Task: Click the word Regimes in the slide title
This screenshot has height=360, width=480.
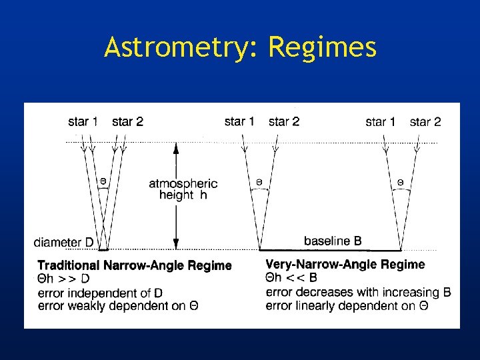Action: coord(322,48)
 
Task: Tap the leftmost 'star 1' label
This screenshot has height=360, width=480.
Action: coord(83,121)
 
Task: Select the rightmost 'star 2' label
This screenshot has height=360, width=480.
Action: coord(425,121)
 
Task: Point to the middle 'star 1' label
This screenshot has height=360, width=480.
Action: coord(239,121)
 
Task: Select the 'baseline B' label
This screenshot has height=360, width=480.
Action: coord(333,241)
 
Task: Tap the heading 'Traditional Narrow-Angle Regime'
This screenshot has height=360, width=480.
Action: coord(135,265)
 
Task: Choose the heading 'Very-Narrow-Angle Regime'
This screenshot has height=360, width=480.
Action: coord(345,265)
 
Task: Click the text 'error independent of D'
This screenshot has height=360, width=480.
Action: coord(101,293)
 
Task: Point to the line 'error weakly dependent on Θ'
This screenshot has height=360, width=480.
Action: coord(118,306)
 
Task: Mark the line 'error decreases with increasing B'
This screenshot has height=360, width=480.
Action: coord(358,293)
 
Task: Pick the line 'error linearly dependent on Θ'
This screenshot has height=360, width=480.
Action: coord(347,306)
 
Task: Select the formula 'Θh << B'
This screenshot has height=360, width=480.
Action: coord(291,279)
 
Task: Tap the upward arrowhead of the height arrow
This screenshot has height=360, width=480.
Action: coord(176,148)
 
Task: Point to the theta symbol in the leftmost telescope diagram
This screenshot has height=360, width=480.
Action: coord(103,180)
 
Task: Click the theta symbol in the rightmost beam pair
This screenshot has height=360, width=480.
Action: coord(400,181)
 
